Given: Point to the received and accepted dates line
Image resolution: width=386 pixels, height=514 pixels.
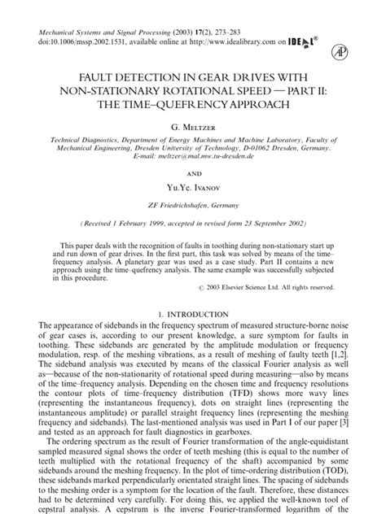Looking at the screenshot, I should [192, 222].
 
